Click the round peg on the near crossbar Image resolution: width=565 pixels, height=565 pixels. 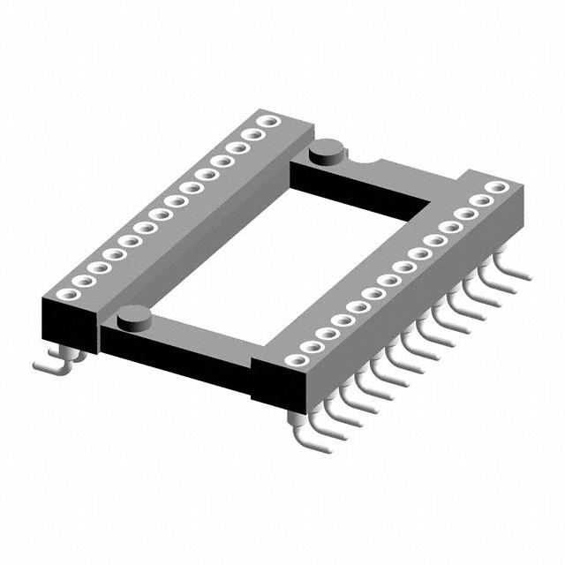pos(132,314)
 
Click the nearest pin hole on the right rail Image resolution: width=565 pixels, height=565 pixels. pos(293,359)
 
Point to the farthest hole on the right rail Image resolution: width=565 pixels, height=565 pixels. pos(498,187)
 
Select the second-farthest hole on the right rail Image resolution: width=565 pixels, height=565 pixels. pos(482,200)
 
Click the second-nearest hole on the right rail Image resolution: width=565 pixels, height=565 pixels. pos(309,346)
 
